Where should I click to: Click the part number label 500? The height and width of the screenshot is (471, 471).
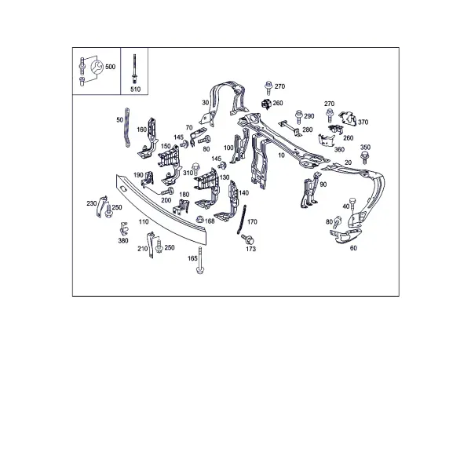click(x=110, y=67)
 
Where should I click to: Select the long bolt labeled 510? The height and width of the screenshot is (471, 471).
click(x=134, y=69)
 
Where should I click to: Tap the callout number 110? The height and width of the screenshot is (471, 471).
click(x=144, y=221)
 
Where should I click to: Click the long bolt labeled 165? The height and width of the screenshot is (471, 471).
click(x=199, y=260)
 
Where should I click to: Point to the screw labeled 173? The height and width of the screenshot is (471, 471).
click(x=248, y=239)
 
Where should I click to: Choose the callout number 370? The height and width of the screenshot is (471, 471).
click(x=363, y=122)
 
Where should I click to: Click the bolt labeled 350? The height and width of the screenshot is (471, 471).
click(x=365, y=158)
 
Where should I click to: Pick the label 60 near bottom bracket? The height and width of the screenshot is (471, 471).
click(x=353, y=248)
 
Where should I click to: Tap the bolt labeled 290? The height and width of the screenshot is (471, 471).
click(x=299, y=116)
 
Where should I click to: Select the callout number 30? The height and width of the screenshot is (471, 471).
click(x=205, y=103)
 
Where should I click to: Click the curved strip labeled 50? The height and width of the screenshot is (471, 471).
click(x=127, y=128)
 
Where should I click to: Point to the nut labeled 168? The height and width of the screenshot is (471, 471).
click(x=199, y=219)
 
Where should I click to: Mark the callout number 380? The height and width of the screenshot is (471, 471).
click(x=123, y=241)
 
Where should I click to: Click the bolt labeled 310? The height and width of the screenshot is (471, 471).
click(x=195, y=169)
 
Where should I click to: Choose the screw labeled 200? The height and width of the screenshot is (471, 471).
click(x=168, y=191)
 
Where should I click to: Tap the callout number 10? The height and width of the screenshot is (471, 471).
click(x=281, y=155)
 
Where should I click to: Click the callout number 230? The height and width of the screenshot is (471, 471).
click(x=92, y=203)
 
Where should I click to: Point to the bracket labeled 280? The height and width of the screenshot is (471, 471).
click(x=289, y=128)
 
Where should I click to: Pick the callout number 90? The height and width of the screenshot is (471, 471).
click(x=323, y=184)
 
